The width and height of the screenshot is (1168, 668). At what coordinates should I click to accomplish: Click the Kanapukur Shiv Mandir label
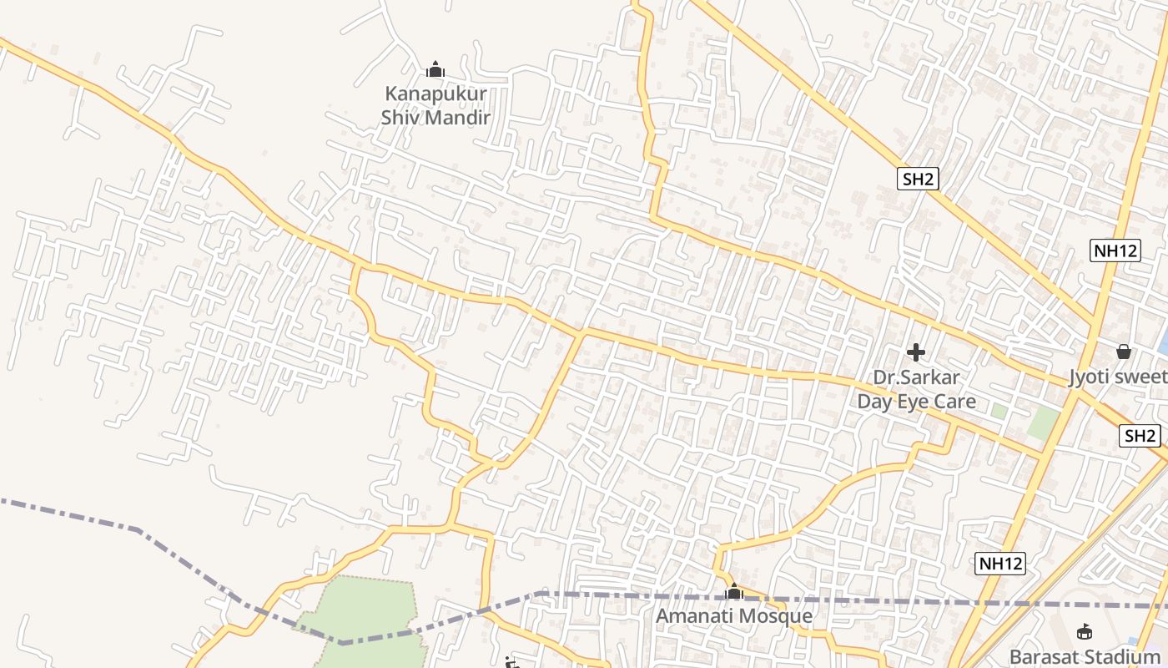[435, 106]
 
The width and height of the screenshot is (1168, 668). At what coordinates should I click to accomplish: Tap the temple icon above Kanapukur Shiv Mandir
[435, 70]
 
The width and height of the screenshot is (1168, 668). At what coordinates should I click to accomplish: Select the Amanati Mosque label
[733, 616]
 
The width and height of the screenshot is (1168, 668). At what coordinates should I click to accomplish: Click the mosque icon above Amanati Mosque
[733, 592]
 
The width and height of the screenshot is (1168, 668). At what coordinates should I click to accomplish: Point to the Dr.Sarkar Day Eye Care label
[916, 390]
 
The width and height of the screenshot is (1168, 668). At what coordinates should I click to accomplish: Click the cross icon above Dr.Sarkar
[916, 352]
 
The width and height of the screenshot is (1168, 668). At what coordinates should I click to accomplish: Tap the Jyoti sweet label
[1118, 377]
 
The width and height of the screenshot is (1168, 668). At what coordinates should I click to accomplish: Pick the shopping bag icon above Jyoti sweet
[1124, 352]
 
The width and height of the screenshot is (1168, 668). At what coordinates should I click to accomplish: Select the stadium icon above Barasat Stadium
[1085, 632]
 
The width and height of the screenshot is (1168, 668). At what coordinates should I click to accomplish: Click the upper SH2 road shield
[919, 178]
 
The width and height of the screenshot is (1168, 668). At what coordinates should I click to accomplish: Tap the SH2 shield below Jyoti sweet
[1140, 435]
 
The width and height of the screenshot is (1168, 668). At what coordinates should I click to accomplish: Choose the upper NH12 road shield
[1115, 250]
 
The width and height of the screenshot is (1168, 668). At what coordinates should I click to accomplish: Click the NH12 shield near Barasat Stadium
[999, 564]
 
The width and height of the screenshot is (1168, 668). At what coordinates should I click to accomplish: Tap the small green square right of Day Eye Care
[998, 411]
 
